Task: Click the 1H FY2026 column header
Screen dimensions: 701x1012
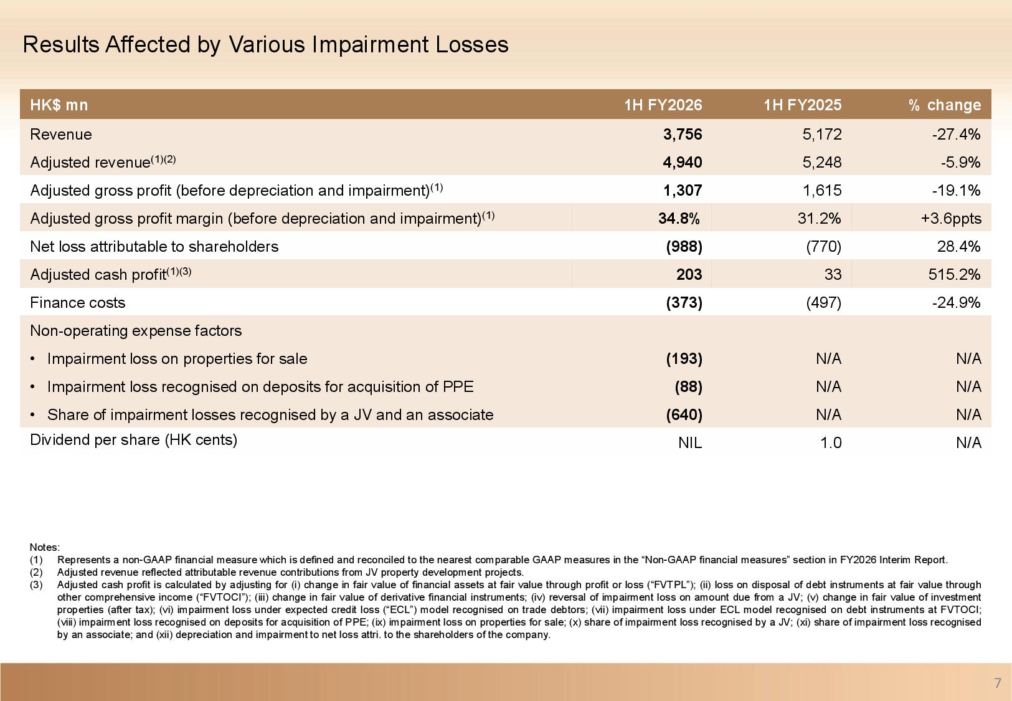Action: (x=663, y=105)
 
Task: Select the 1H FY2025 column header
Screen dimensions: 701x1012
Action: (x=802, y=105)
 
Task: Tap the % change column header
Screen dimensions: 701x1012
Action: (x=944, y=105)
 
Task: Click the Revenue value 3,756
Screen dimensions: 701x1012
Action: (x=683, y=134)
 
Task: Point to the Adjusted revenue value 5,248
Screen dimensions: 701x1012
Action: (x=822, y=162)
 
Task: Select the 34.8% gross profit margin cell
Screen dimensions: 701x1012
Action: (x=679, y=218)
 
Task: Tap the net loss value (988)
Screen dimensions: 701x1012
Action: (x=684, y=246)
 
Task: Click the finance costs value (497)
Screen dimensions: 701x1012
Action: (x=823, y=302)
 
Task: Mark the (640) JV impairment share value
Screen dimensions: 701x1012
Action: (x=684, y=414)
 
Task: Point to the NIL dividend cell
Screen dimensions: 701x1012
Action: (x=689, y=442)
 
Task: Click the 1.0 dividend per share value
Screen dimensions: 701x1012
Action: (x=831, y=442)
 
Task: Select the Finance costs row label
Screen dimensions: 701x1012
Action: (x=77, y=302)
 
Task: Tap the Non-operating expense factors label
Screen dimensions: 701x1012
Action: (x=136, y=330)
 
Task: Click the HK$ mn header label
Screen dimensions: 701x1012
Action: (x=59, y=105)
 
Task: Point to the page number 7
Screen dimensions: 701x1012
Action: (x=998, y=683)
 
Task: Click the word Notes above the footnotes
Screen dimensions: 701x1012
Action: (x=44, y=547)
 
